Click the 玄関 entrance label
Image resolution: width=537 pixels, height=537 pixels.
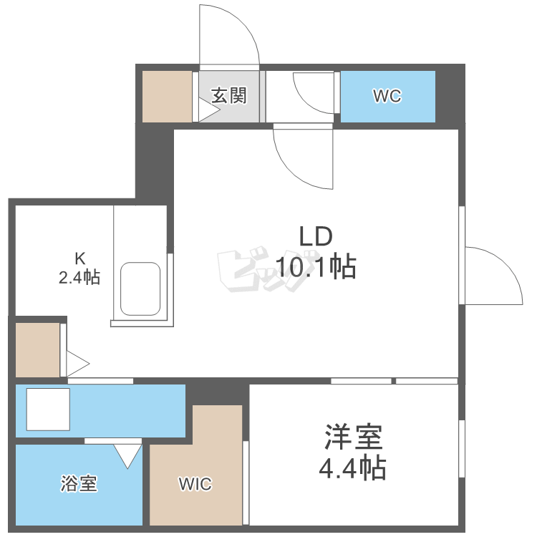[x=228, y=95]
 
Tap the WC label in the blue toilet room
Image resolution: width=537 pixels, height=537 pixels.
[x=387, y=97]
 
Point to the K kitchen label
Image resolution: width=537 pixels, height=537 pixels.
[x=80, y=258]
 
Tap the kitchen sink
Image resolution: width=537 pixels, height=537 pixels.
[x=140, y=289]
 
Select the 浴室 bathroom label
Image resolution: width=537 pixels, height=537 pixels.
[x=78, y=483]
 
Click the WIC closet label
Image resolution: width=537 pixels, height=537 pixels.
[x=195, y=485]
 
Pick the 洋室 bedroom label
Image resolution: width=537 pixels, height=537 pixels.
[x=352, y=436]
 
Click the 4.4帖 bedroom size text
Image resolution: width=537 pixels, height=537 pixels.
[x=352, y=468]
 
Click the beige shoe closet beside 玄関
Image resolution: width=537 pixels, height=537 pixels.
[x=167, y=96]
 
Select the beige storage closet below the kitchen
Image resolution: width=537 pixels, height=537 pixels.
[x=37, y=349]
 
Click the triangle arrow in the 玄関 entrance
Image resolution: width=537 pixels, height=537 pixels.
[x=208, y=111]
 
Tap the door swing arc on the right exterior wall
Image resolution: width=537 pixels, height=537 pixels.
[x=494, y=276]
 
